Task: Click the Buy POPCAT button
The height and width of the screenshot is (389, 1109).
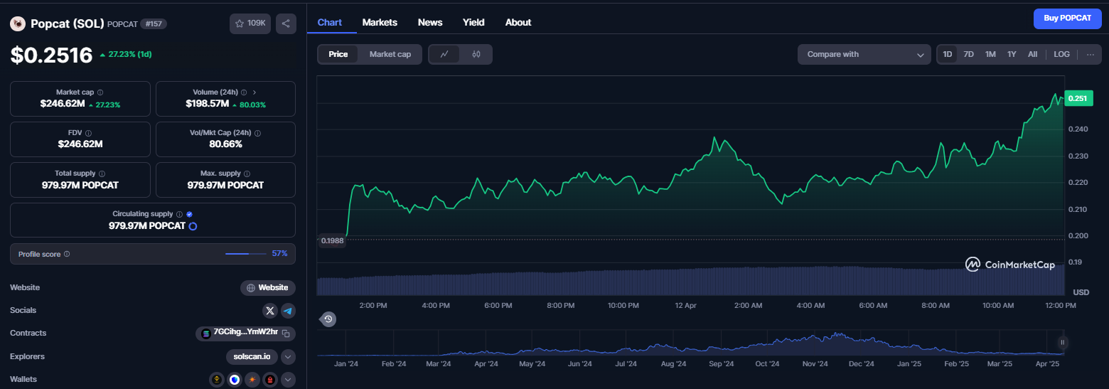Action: (1068, 18)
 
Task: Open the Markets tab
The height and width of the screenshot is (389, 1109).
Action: (380, 22)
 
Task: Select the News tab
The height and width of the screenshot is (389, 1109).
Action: (429, 22)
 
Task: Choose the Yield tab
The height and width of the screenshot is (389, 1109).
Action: (473, 22)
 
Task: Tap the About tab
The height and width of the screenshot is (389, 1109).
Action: (518, 22)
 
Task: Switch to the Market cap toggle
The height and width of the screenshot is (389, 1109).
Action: (390, 55)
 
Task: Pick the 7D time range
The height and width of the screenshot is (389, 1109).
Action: (968, 55)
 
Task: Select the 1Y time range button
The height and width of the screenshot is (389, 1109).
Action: (1012, 55)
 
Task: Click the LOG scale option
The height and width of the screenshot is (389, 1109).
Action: (1061, 55)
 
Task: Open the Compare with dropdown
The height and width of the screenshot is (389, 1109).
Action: (864, 55)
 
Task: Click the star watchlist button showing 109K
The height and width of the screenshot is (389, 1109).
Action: (250, 23)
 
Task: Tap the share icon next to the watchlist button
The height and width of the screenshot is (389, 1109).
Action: (286, 23)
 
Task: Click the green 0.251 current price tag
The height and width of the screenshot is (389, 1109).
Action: (1078, 98)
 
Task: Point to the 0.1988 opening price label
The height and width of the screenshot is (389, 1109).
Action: (332, 241)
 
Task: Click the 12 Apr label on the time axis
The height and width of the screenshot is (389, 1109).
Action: (685, 305)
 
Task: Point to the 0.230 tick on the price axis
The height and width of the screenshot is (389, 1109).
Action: (1078, 156)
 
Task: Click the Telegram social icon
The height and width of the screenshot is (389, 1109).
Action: (288, 311)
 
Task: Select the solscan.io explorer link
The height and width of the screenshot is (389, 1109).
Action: (252, 357)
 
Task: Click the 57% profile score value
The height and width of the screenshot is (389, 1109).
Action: (279, 254)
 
